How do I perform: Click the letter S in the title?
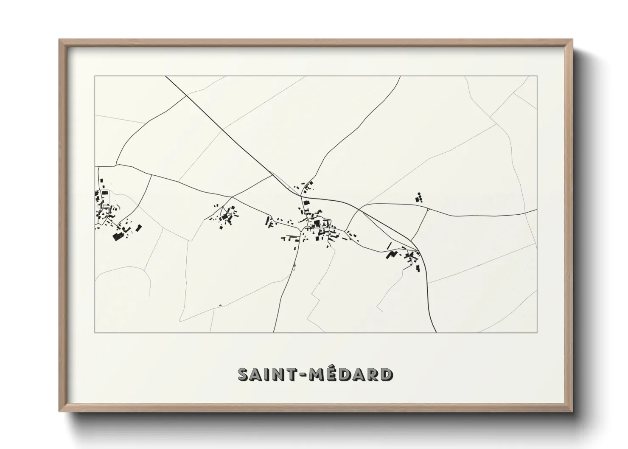pyautogui.click(x=243, y=375)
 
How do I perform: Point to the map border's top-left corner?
pyautogui.click(x=95, y=76)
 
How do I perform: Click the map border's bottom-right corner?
pyautogui.click(x=537, y=332)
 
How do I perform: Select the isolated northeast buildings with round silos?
pyautogui.click(x=420, y=197)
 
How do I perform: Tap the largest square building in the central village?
pyautogui.click(x=316, y=222)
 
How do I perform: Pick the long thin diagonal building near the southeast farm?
pyautogui.click(x=389, y=245)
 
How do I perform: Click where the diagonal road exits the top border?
pyautogui.click(x=166, y=76)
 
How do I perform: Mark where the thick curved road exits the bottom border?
pyautogui.click(x=436, y=332)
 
